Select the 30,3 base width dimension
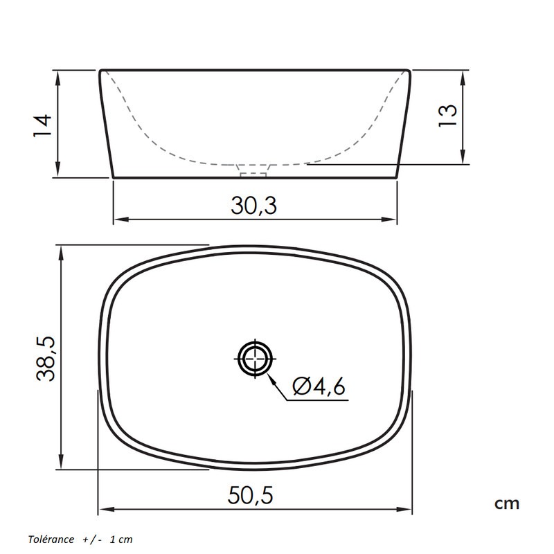pos(254,205)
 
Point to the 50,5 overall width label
pos(251,494)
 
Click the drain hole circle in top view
pos(255,358)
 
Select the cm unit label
pos(506,503)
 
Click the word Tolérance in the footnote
pos(51,539)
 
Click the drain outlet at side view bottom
pos(253,168)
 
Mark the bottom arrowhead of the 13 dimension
pos(462,159)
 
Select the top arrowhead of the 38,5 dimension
pos(62,250)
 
